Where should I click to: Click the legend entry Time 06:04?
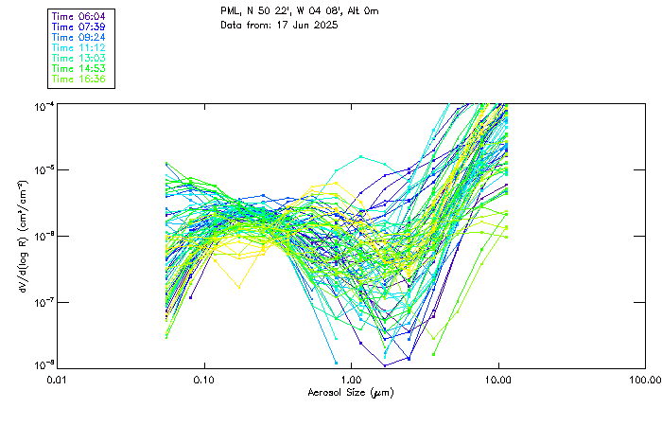click(79, 17)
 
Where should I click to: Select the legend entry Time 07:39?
click(79, 27)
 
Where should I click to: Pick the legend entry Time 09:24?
click(79, 38)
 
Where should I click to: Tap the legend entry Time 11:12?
click(79, 48)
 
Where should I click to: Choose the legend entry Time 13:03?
click(79, 59)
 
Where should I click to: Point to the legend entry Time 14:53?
click(79, 69)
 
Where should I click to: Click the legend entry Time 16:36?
click(79, 80)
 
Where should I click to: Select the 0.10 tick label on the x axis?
click(204, 380)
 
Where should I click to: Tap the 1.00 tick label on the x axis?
click(351, 380)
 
